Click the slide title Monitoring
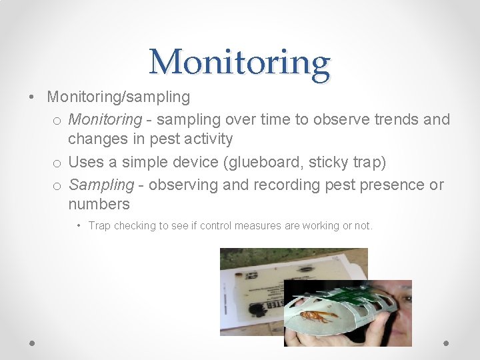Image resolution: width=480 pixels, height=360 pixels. point(240,62)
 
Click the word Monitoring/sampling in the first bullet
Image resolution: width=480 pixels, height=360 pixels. point(118,97)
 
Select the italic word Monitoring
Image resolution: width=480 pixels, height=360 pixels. point(105,119)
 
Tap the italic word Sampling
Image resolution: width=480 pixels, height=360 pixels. point(101,185)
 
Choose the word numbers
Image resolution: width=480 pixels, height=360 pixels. point(99,204)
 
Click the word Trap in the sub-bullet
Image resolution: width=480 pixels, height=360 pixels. point(99,226)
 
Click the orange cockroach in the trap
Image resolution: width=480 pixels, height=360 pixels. point(319,315)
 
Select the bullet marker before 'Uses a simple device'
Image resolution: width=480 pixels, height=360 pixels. point(57,163)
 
